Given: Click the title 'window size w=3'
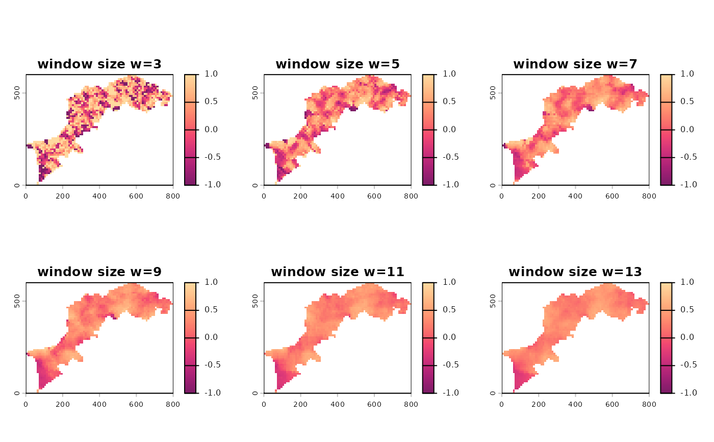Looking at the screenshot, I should coord(99,64).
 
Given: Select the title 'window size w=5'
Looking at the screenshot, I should coord(338,64).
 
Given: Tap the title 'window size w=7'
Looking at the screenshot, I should coord(575,64).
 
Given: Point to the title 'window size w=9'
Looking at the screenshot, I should coord(99,272).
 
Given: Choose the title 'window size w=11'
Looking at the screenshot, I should coord(338,272).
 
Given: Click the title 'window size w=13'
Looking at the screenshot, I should coord(575,272).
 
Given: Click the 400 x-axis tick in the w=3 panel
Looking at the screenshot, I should coord(99,195).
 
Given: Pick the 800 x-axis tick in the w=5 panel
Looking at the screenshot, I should coord(411,195).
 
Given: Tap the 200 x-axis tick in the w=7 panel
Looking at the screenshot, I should coord(539,195).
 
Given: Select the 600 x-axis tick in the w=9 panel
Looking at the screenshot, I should coord(136,403).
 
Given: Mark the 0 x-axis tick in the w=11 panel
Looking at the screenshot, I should coord(264,403).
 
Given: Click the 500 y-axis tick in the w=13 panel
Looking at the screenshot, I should coord(492,301).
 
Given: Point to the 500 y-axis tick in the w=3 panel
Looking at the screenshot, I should coord(16,93).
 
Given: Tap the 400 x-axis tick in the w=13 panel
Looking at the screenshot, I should coord(575,403).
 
